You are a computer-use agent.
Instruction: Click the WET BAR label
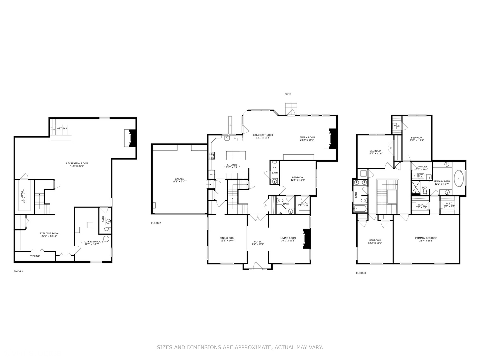62,128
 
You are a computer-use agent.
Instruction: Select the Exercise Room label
49,235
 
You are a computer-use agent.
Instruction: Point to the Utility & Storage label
92,243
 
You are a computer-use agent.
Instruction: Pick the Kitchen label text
232,166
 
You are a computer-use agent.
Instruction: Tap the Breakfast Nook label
263,136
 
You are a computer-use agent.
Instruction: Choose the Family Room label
307,139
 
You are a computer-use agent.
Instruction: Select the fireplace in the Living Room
307,239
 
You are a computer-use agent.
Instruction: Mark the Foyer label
258,243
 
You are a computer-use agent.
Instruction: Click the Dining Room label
227,239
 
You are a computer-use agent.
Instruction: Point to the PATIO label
288,94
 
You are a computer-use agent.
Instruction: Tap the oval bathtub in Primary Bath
459,178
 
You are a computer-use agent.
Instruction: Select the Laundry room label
422,168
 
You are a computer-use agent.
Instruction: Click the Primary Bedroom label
426,239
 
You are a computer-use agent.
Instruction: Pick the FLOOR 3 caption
361,273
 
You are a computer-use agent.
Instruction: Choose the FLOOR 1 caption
18,271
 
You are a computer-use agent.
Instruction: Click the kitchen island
236,155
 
